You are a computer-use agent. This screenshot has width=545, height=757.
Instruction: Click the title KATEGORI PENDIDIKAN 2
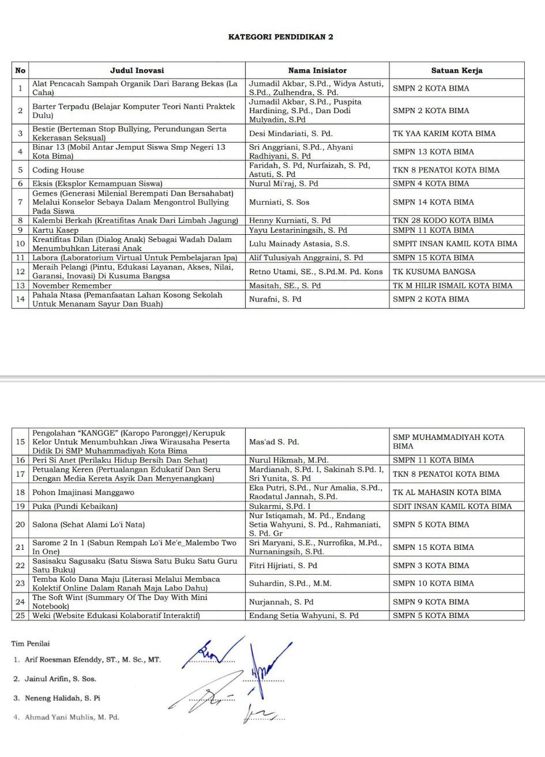280,37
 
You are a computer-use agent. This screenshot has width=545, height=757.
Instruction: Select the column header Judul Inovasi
137,70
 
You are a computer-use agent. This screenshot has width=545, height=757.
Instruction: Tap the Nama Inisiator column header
317,70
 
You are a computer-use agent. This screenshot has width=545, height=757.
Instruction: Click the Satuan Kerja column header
457,70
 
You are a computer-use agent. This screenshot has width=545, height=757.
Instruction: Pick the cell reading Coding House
58,170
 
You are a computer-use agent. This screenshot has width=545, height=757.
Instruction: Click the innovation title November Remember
72,286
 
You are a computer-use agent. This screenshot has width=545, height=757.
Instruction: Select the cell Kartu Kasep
55,230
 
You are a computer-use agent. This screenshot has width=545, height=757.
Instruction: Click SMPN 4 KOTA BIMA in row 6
431,183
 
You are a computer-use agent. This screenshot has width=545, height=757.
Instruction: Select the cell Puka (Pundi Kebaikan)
75,506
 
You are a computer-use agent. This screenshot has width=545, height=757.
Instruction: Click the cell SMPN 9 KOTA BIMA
431,602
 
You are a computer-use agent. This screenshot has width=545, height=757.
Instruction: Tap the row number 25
20,616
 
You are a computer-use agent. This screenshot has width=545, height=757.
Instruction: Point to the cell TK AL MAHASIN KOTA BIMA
447,492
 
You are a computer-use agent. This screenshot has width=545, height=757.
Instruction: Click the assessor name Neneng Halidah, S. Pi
62,698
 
